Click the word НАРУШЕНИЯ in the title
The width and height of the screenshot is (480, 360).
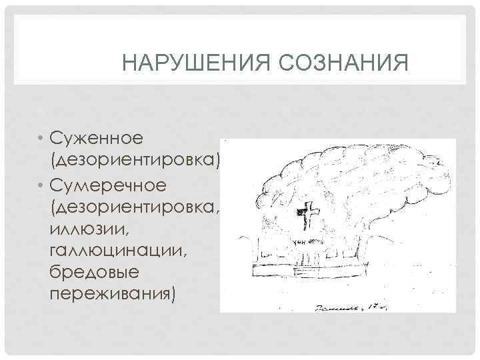point(193,65)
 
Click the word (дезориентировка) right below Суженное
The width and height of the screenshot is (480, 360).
point(134,161)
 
